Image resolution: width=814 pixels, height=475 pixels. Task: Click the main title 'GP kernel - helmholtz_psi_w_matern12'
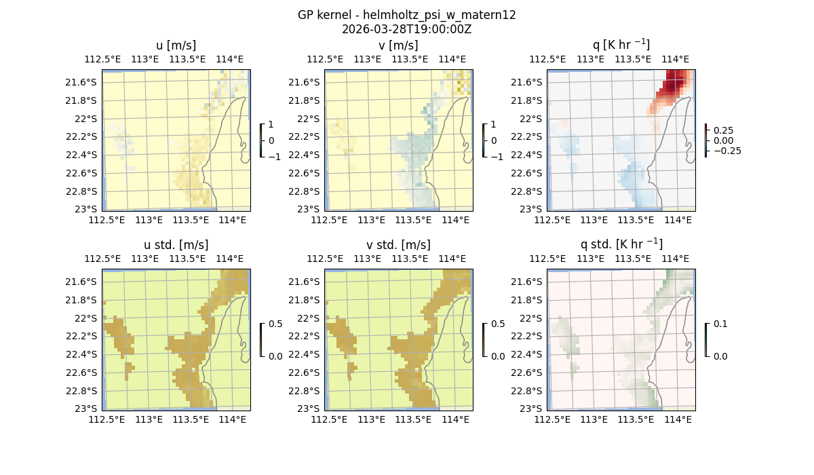[x=407, y=15]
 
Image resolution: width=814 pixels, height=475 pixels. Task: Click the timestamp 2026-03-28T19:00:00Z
[x=407, y=29]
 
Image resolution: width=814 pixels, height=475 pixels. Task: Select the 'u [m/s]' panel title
[x=176, y=45]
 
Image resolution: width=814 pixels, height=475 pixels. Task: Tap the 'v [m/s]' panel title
[x=398, y=45]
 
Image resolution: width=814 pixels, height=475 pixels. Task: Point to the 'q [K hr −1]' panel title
[x=621, y=45]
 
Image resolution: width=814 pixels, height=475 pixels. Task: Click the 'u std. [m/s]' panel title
[x=176, y=244]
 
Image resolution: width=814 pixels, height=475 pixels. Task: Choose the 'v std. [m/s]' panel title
[x=398, y=244]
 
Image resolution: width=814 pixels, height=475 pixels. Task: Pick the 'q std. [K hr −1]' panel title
[x=621, y=244]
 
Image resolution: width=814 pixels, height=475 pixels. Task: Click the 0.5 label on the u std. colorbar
[x=275, y=324]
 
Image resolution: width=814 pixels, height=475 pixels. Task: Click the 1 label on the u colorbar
[x=272, y=125]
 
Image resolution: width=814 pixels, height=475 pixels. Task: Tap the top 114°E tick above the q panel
[x=676, y=59]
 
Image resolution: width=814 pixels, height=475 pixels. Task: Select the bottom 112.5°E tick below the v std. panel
[x=329, y=420]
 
